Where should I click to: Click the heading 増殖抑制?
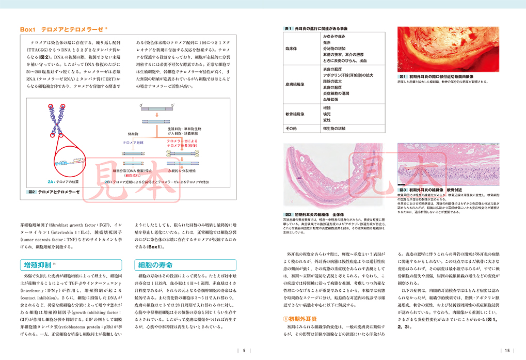[38, 265]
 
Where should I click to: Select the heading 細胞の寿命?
[155, 265]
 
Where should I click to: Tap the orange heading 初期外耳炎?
[306, 319]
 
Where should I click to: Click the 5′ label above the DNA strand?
[173, 105]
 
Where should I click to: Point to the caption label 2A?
[51, 182]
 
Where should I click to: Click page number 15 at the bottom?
[507, 351]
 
